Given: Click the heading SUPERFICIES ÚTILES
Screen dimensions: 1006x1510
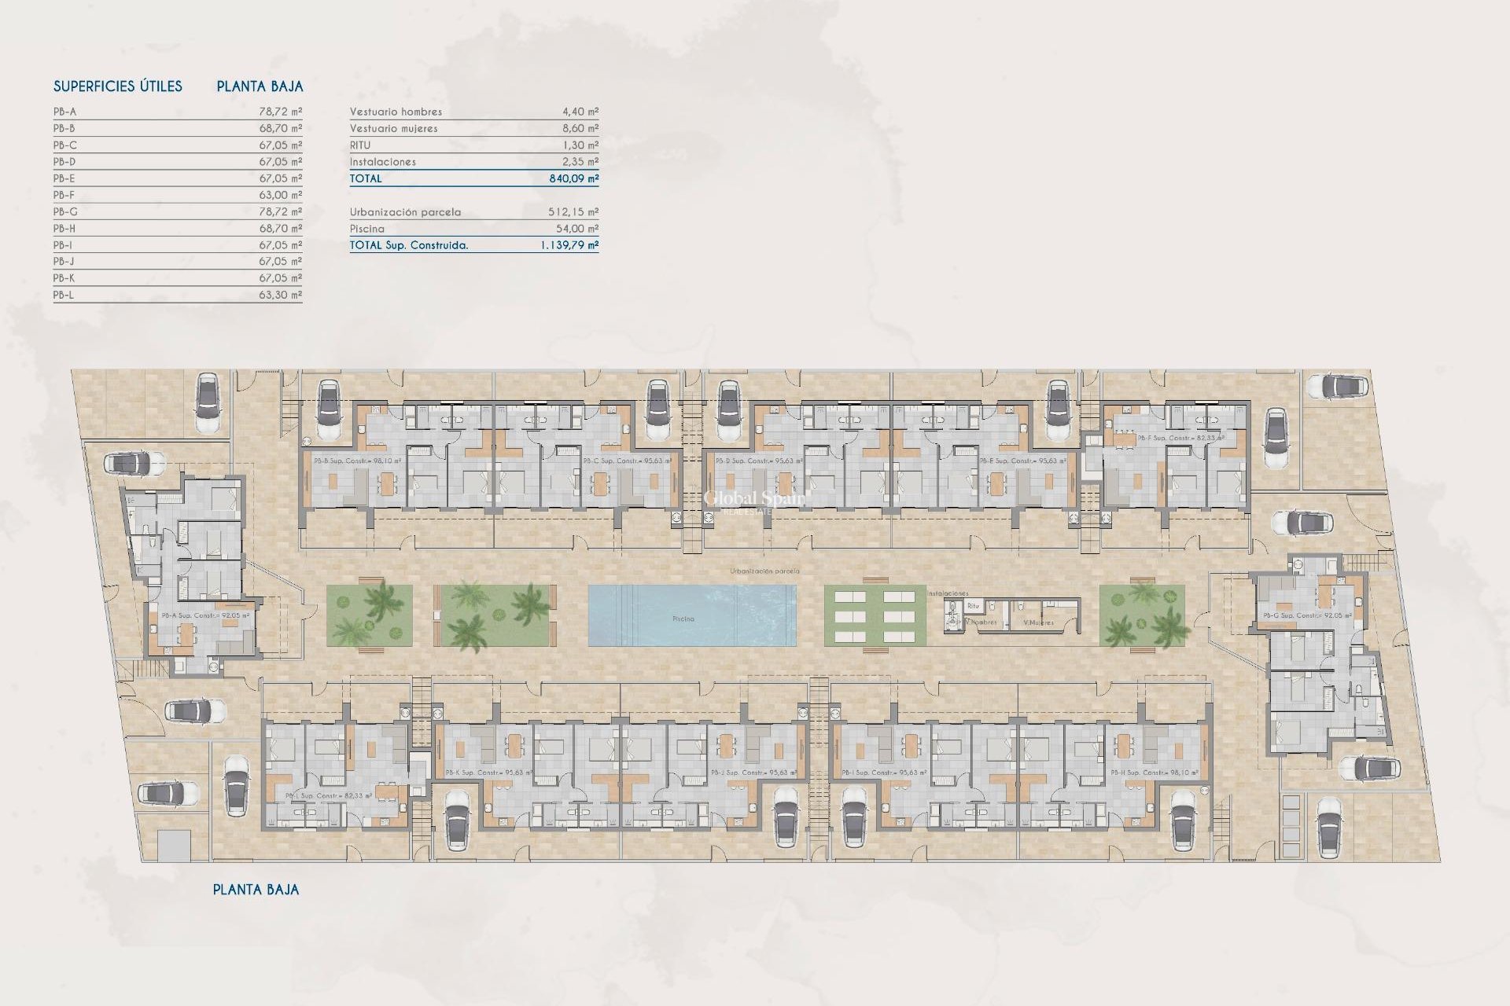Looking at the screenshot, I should [118, 86].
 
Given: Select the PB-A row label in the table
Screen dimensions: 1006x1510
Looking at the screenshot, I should [65, 112].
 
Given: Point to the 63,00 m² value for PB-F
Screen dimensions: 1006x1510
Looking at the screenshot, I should [280, 195].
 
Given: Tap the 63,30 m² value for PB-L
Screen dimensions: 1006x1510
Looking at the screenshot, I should [280, 295].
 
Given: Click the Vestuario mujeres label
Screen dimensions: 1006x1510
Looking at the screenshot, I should [393, 128].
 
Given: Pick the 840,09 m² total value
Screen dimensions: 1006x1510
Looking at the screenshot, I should [573, 178].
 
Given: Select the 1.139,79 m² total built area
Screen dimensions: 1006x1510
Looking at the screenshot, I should [569, 245].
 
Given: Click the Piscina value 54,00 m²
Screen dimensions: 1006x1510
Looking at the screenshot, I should [576, 229].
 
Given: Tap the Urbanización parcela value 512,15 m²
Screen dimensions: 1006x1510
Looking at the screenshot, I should [573, 212].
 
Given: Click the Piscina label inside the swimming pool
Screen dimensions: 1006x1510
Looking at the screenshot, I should [683, 619].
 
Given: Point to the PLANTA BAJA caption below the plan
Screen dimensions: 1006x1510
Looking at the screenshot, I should [256, 890].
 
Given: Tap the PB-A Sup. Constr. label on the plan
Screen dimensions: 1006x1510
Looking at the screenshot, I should [205, 615].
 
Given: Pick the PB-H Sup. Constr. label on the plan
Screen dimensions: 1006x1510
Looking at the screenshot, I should [1155, 773].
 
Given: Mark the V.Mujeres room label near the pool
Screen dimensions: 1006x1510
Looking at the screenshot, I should [1038, 622].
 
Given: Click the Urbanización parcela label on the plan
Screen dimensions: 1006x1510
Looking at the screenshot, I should [764, 571].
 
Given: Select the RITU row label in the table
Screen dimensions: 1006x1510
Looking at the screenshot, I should [360, 145].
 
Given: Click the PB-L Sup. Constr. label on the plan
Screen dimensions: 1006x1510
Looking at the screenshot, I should [328, 796].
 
